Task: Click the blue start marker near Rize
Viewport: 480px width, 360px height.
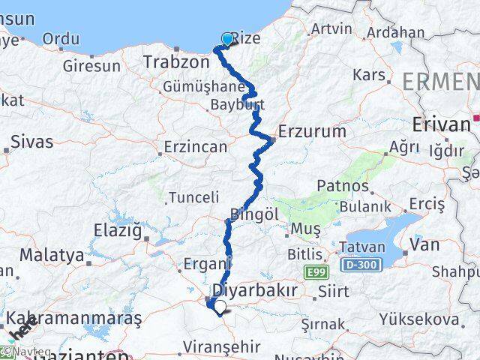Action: [227, 39]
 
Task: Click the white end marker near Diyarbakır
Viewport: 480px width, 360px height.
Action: [219, 306]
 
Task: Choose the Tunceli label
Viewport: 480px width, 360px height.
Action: [194, 197]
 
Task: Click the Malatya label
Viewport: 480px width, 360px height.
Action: [52, 255]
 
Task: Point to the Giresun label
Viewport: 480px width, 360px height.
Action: [91, 66]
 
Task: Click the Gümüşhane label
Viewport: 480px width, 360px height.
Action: [195, 88]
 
